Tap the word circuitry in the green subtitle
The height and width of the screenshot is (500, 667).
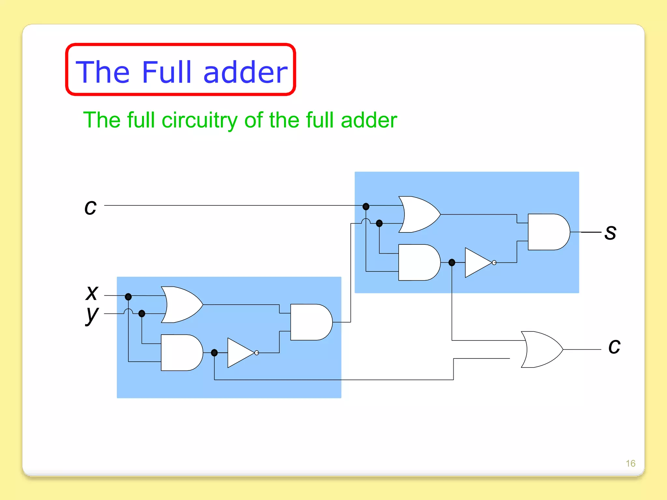pyautogui.click(x=199, y=120)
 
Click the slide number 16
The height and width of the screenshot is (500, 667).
pyautogui.click(x=631, y=463)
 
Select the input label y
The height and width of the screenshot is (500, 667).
pyautogui.click(x=92, y=315)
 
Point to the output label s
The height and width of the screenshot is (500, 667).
pyautogui.click(x=610, y=233)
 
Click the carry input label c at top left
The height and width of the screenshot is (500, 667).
pyautogui.click(x=90, y=207)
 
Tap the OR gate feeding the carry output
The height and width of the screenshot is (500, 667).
pyautogui.click(x=541, y=349)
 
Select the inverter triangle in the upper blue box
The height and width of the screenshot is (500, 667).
pyautogui.click(x=477, y=262)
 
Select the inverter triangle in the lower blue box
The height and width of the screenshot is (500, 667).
pyautogui.click(x=240, y=353)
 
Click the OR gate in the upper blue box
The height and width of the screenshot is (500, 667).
pyautogui.click(x=418, y=214)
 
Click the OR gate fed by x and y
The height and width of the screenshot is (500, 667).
pyautogui.click(x=181, y=304)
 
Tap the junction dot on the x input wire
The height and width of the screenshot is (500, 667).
pyautogui.click(x=128, y=297)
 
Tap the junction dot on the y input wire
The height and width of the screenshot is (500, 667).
pyautogui.click(x=142, y=313)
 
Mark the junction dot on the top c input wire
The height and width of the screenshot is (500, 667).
pyautogui.click(x=366, y=206)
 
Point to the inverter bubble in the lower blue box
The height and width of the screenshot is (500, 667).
pyautogui.click(x=257, y=353)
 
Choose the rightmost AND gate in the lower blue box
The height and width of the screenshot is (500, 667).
pyautogui.click(x=310, y=322)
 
